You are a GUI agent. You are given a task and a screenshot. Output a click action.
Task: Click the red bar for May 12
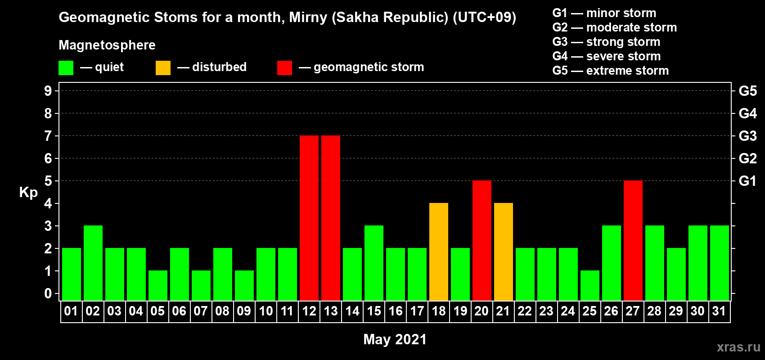(x=309, y=218)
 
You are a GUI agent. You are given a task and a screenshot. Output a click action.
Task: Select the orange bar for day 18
(x=438, y=252)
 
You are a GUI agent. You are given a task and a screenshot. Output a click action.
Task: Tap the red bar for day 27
(x=633, y=240)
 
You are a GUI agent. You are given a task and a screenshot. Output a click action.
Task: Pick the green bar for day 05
(x=158, y=286)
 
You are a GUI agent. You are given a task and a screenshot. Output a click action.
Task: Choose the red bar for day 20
(x=482, y=240)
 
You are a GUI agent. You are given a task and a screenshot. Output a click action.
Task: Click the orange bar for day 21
(x=504, y=252)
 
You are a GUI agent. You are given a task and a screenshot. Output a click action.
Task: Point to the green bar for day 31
(x=719, y=263)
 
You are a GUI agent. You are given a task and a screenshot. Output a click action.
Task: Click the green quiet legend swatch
(x=66, y=67)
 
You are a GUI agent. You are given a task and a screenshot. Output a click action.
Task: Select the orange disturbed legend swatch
(x=163, y=67)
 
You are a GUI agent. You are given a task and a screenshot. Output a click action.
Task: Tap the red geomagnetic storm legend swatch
(x=284, y=67)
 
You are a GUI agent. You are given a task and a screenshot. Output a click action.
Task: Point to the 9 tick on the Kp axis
(x=48, y=91)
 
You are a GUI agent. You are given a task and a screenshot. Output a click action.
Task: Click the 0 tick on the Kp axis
(x=48, y=293)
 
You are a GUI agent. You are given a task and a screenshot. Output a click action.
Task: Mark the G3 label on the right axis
(x=747, y=136)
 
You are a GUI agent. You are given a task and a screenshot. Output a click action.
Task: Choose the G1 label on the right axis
(x=747, y=181)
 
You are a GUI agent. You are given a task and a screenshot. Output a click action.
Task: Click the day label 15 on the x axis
(x=373, y=311)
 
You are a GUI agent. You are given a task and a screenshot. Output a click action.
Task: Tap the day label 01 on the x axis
(x=71, y=311)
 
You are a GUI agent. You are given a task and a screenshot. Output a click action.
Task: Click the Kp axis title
(x=28, y=192)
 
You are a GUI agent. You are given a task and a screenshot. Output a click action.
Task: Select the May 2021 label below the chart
(x=395, y=339)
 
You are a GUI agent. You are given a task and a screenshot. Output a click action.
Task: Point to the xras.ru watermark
(x=738, y=347)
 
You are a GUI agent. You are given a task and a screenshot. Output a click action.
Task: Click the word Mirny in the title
(x=308, y=18)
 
